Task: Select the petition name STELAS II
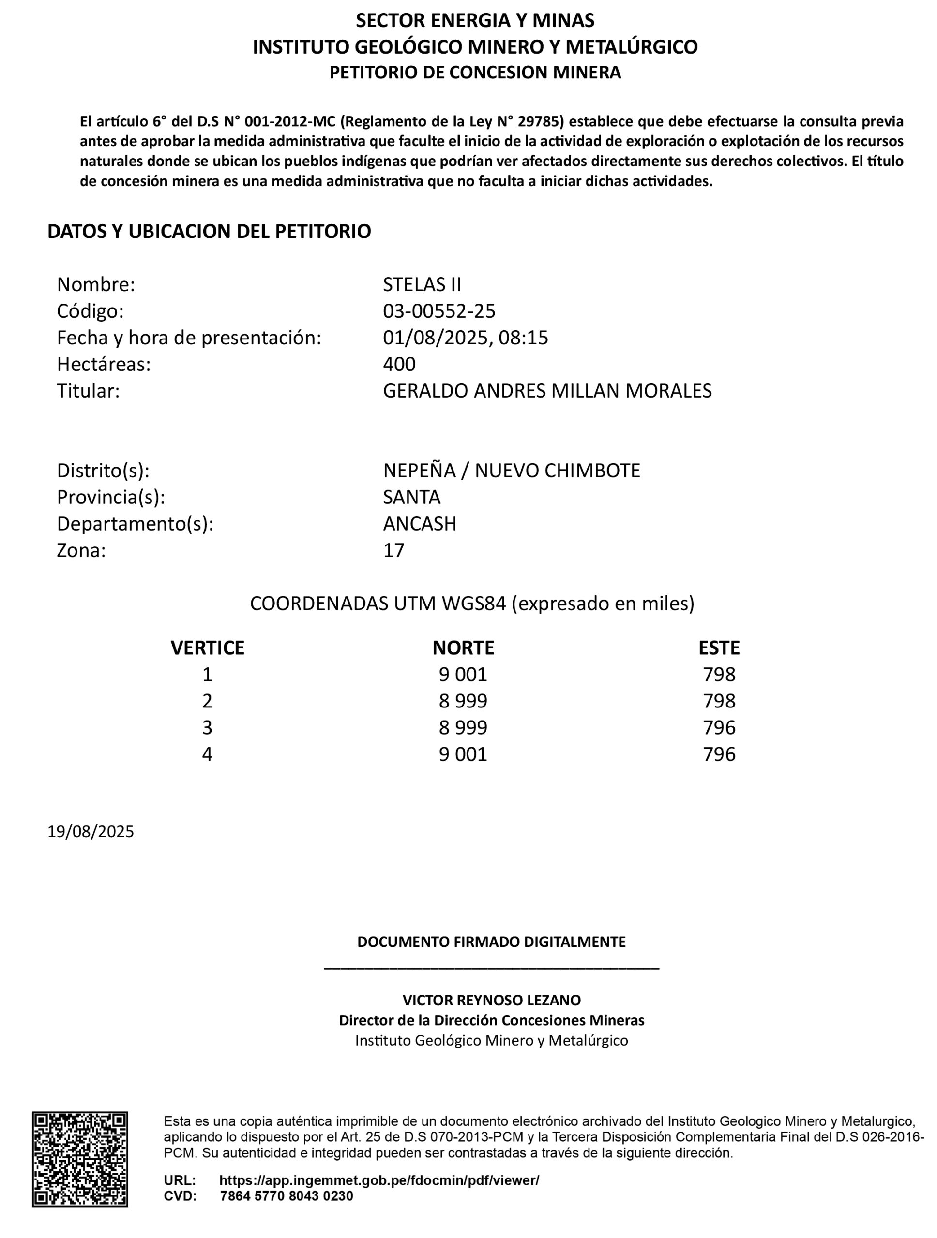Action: (x=422, y=284)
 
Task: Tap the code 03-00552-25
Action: (x=439, y=310)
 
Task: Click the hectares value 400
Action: (x=399, y=364)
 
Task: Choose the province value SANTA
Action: (x=412, y=497)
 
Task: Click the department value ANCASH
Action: (x=420, y=524)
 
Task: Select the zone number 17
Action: (x=393, y=550)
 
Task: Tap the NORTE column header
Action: (x=463, y=648)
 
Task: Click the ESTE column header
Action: (x=719, y=648)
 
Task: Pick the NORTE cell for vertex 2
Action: (x=463, y=701)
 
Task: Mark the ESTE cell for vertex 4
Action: (x=719, y=754)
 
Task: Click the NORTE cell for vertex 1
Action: (x=463, y=675)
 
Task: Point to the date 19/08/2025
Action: (x=91, y=832)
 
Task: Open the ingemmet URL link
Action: (x=379, y=1180)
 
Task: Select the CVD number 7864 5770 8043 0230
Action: (x=286, y=1196)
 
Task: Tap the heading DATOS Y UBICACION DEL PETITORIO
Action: (x=209, y=231)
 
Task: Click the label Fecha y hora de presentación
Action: (x=189, y=338)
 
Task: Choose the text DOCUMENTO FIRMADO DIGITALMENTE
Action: (x=491, y=942)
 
